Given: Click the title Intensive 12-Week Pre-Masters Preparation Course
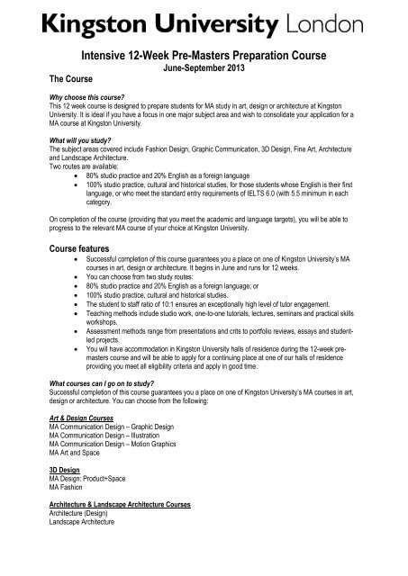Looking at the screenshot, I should (204, 55).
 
